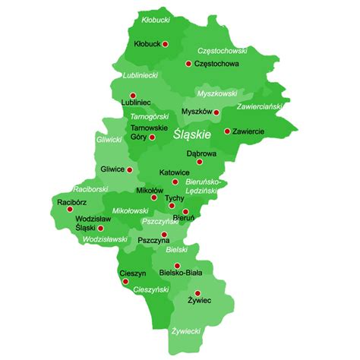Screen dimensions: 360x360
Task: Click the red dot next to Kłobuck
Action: point(166,44)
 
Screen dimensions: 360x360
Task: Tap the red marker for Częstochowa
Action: point(187,64)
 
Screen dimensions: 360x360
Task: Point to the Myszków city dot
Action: point(216,112)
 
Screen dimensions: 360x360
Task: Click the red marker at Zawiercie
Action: point(226,131)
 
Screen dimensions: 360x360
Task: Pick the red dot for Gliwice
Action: point(129,170)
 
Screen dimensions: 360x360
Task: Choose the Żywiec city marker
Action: point(197,292)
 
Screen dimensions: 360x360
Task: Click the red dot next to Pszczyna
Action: point(163,234)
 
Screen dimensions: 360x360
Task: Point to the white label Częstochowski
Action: point(223,51)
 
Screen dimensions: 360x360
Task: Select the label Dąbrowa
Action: point(201,153)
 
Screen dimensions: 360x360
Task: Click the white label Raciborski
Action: point(90,188)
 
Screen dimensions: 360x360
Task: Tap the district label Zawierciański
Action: point(261,106)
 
